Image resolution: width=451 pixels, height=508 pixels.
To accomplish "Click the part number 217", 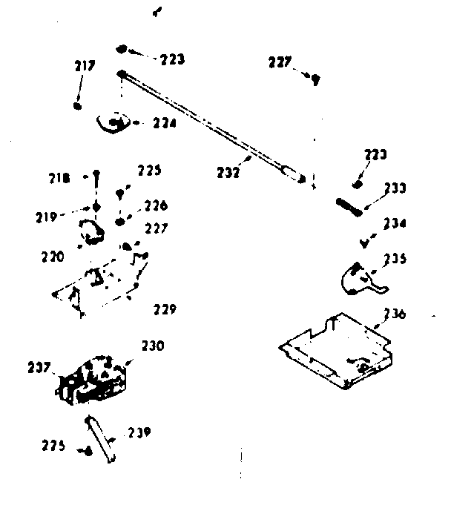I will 85,66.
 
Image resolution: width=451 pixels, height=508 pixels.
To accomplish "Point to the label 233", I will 395,188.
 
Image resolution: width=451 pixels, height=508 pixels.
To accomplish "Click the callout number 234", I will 394,222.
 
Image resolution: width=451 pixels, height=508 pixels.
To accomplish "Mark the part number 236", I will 394,314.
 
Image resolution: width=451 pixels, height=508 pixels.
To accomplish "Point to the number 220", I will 53,257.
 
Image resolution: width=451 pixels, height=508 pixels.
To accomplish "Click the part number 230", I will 152,345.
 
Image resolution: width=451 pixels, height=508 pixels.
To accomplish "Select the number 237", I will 39,366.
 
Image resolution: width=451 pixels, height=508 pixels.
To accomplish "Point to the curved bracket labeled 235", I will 357,276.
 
